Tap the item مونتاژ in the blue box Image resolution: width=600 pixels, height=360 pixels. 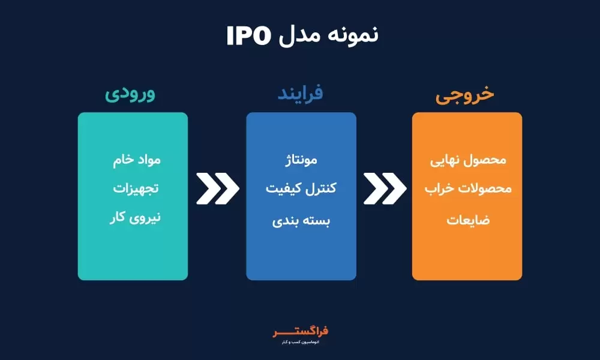pos(301,161)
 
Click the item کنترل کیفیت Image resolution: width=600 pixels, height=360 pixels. pos(301,189)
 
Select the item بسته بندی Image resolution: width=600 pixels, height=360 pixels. pos(301,220)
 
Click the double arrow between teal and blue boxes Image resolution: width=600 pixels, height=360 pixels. pos(217,188)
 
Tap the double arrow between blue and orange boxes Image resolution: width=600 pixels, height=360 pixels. pos(385,188)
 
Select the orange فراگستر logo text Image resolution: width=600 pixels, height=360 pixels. pos(300,331)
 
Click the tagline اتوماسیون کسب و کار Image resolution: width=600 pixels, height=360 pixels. pos(300,342)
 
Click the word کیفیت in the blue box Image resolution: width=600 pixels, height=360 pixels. pos(281,189)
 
